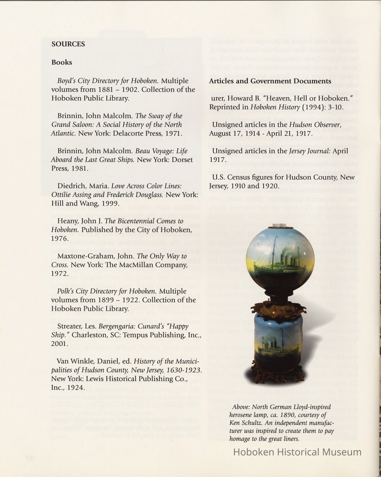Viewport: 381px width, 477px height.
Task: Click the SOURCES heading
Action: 68,44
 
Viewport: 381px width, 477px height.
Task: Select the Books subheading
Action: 62,62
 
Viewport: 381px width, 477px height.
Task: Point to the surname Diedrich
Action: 71,186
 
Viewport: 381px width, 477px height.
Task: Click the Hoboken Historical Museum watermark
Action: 297,452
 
